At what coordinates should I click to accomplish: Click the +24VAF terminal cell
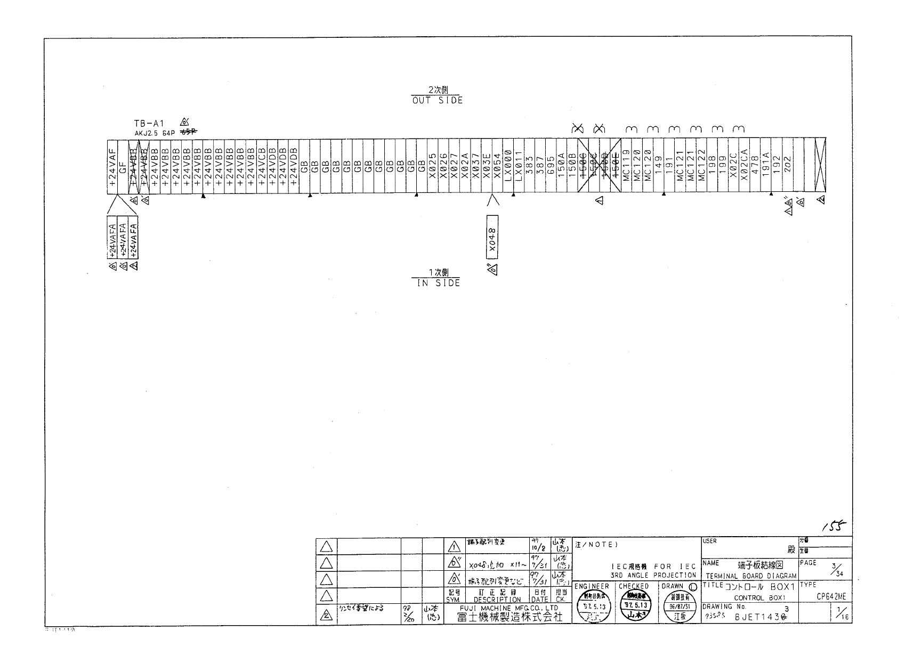112,166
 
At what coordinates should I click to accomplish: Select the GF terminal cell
123,166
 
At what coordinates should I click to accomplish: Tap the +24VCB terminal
262,166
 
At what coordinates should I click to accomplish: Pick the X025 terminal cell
433,166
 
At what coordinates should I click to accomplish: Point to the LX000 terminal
507,166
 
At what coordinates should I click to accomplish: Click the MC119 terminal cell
626,166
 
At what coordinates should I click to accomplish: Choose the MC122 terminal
701,166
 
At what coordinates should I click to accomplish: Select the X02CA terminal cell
744,166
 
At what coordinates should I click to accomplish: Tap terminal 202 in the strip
787,166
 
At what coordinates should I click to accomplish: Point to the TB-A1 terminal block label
149,123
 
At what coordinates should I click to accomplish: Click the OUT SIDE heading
437,100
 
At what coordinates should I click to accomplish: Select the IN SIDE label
438,283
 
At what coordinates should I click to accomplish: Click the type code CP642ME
831,597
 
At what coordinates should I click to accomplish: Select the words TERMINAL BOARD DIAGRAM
751,576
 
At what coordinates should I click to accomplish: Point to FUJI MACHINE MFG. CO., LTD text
509,608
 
